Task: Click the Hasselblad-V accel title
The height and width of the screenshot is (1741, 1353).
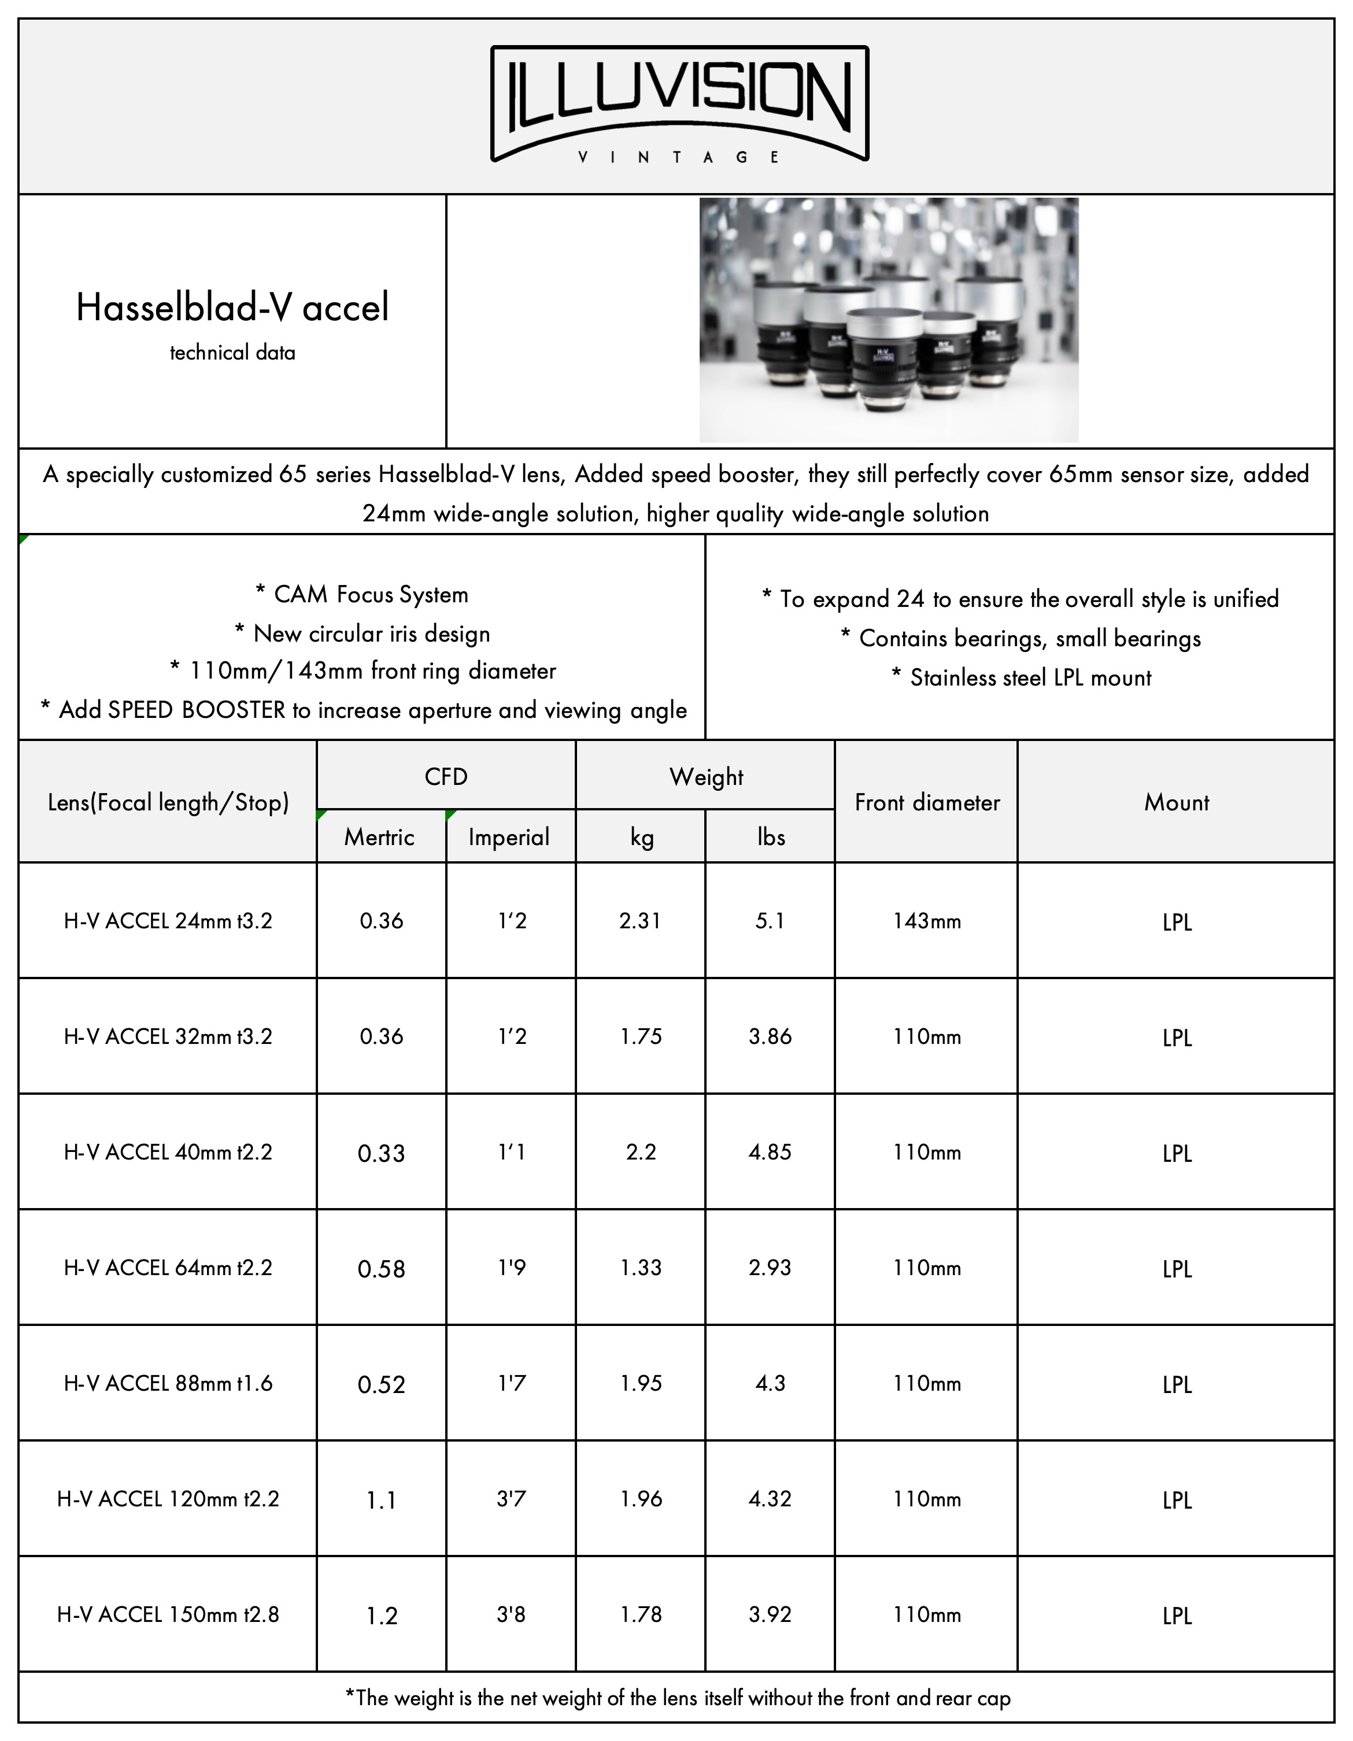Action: [232, 308]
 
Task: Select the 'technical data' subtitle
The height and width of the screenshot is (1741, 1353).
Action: [232, 353]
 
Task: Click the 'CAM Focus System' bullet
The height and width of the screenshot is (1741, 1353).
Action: [362, 595]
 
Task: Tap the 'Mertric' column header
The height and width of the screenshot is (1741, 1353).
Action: [379, 837]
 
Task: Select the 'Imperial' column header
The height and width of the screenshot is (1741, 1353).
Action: [509, 837]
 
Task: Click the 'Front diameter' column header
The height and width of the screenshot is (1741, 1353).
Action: [926, 802]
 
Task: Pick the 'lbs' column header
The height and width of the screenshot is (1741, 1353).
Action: [771, 837]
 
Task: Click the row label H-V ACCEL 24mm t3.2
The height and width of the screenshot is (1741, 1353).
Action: [168, 921]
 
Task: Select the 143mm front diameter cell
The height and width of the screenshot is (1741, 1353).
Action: [926, 921]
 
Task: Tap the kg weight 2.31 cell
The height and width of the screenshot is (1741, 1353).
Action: [640, 921]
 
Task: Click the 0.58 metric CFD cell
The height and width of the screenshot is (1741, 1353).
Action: [381, 1268]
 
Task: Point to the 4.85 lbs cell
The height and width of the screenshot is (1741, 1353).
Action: [770, 1153]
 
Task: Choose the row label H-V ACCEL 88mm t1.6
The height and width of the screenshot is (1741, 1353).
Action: [168, 1384]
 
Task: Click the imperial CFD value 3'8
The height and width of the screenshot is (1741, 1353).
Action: [511, 1615]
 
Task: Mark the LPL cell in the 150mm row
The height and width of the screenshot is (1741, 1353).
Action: [1177, 1616]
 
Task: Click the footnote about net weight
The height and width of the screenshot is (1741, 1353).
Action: [678, 1698]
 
